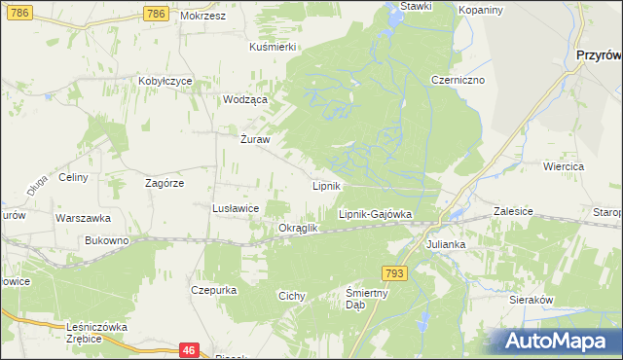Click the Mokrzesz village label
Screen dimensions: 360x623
202,17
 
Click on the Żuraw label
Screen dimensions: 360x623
254,138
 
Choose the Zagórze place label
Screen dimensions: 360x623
165,182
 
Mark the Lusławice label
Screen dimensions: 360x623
235,208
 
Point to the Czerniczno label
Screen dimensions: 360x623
458,81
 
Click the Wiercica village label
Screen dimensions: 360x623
564,167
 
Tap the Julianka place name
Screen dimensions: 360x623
445,244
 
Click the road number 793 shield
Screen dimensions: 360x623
392,274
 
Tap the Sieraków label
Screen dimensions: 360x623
531,301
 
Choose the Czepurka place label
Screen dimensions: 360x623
215,290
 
